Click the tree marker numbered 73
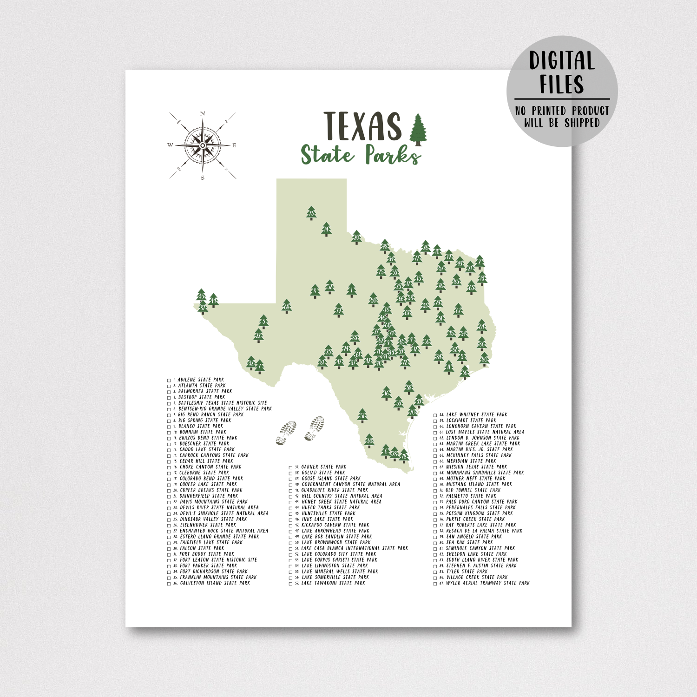pos(311,213)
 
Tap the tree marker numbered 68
pos(287,306)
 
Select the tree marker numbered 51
pos(362,415)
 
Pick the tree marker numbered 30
pos(369,440)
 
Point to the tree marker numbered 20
pos(356,237)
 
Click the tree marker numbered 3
pos(263,321)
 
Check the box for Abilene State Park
pos(169,380)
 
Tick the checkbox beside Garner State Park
pos(291,467)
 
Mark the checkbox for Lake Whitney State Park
pos(435,415)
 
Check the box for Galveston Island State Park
pos(169,584)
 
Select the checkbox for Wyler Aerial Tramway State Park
pos(435,584)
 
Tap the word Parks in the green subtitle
pos(393,155)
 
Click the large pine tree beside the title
pos(418,128)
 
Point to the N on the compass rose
pos(203,113)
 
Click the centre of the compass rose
pos(203,145)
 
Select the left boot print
pos(286,433)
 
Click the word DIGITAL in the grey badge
pos(562,61)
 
